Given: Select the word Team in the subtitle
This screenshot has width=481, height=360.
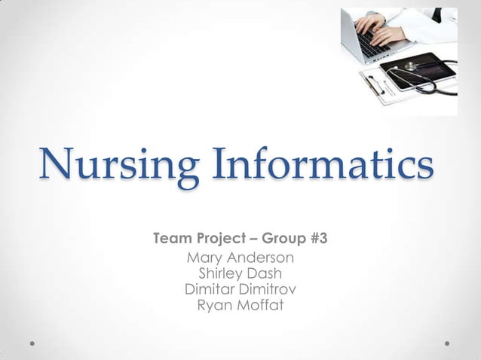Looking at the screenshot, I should click(x=173, y=240).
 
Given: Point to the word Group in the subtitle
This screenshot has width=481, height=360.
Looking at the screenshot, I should click(x=286, y=240).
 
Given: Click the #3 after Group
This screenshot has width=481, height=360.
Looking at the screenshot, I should click(x=318, y=240).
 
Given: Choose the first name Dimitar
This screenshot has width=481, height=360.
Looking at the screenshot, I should click(x=209, y=289).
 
